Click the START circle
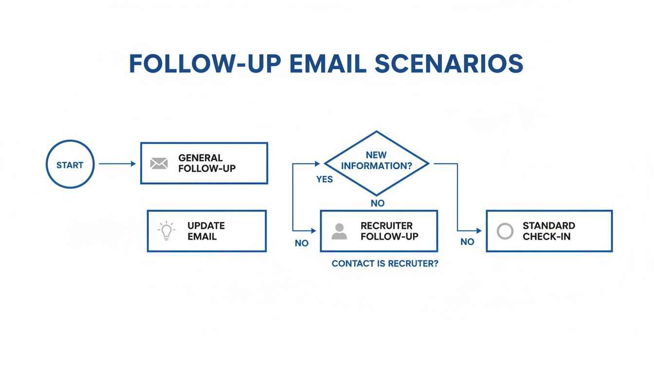70,164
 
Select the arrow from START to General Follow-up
117,164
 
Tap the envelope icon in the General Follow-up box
159,163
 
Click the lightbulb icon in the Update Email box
166,231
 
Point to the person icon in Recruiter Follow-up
339,231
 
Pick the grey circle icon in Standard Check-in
505,231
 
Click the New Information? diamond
376,163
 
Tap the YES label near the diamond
325,180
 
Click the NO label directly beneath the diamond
378,204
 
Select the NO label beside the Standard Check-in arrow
467,242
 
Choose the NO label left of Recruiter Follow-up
302,243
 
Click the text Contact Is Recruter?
384,263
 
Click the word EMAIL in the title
327,64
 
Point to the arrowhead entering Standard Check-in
479,231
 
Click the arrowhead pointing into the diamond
319,164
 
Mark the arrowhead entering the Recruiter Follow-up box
313,231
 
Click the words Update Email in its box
206,231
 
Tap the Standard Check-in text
548,231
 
